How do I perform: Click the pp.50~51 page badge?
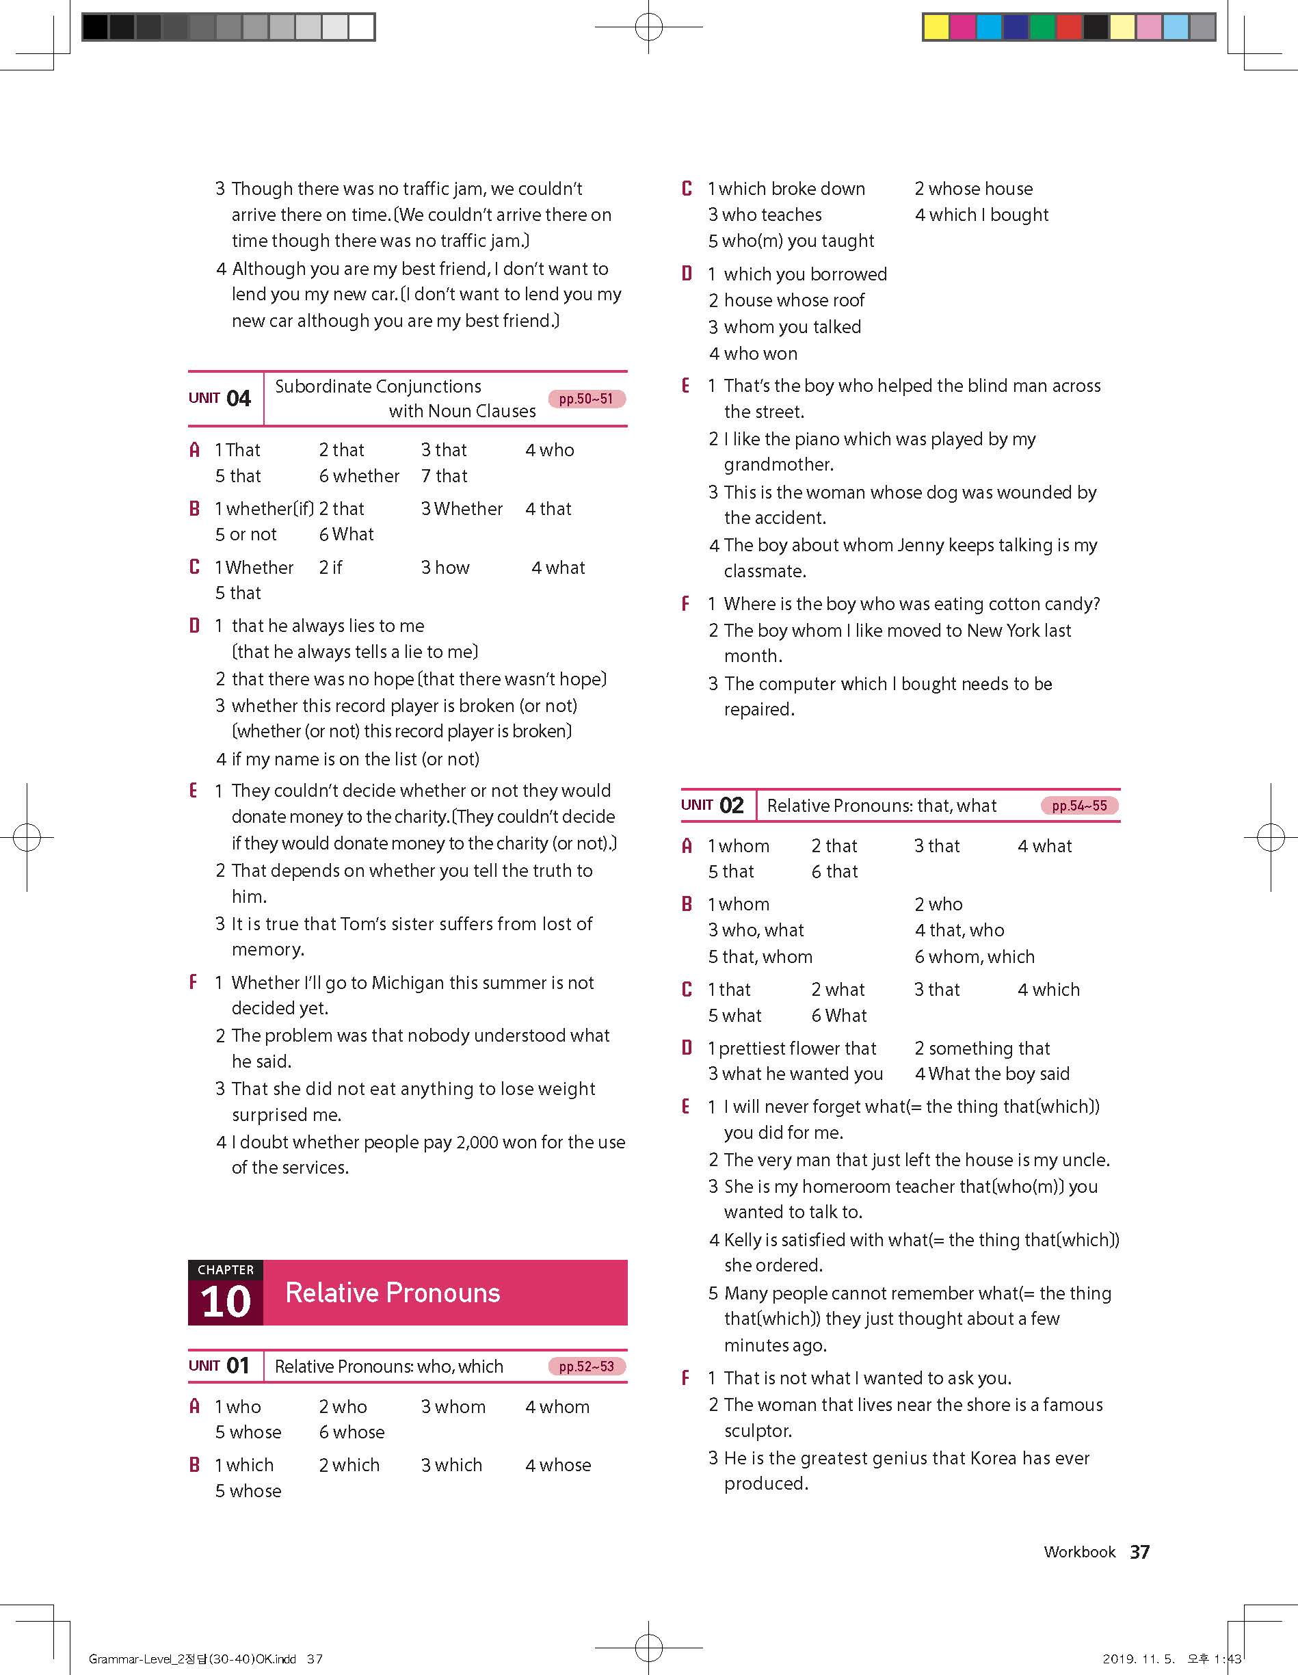(x=587, y=399)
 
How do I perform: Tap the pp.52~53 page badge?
(x=587, y=1367)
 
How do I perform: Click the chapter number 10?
(x=226, y=1302)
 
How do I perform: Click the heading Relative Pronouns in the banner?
(x=393, y=1293)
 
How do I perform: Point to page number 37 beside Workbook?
(x=1139, y=1553)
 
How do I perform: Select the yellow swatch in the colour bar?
(x=936, y=27)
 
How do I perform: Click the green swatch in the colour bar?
(x=1042, y=27)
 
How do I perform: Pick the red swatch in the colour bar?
(x=1069, y=27)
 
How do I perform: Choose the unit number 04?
(x=239, y=399)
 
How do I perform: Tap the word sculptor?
(x=758, y=1431)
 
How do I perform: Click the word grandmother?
(x=778, y=465)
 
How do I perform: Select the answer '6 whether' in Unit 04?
(x=359, y=476)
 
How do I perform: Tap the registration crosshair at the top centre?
(x=648, y=27)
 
